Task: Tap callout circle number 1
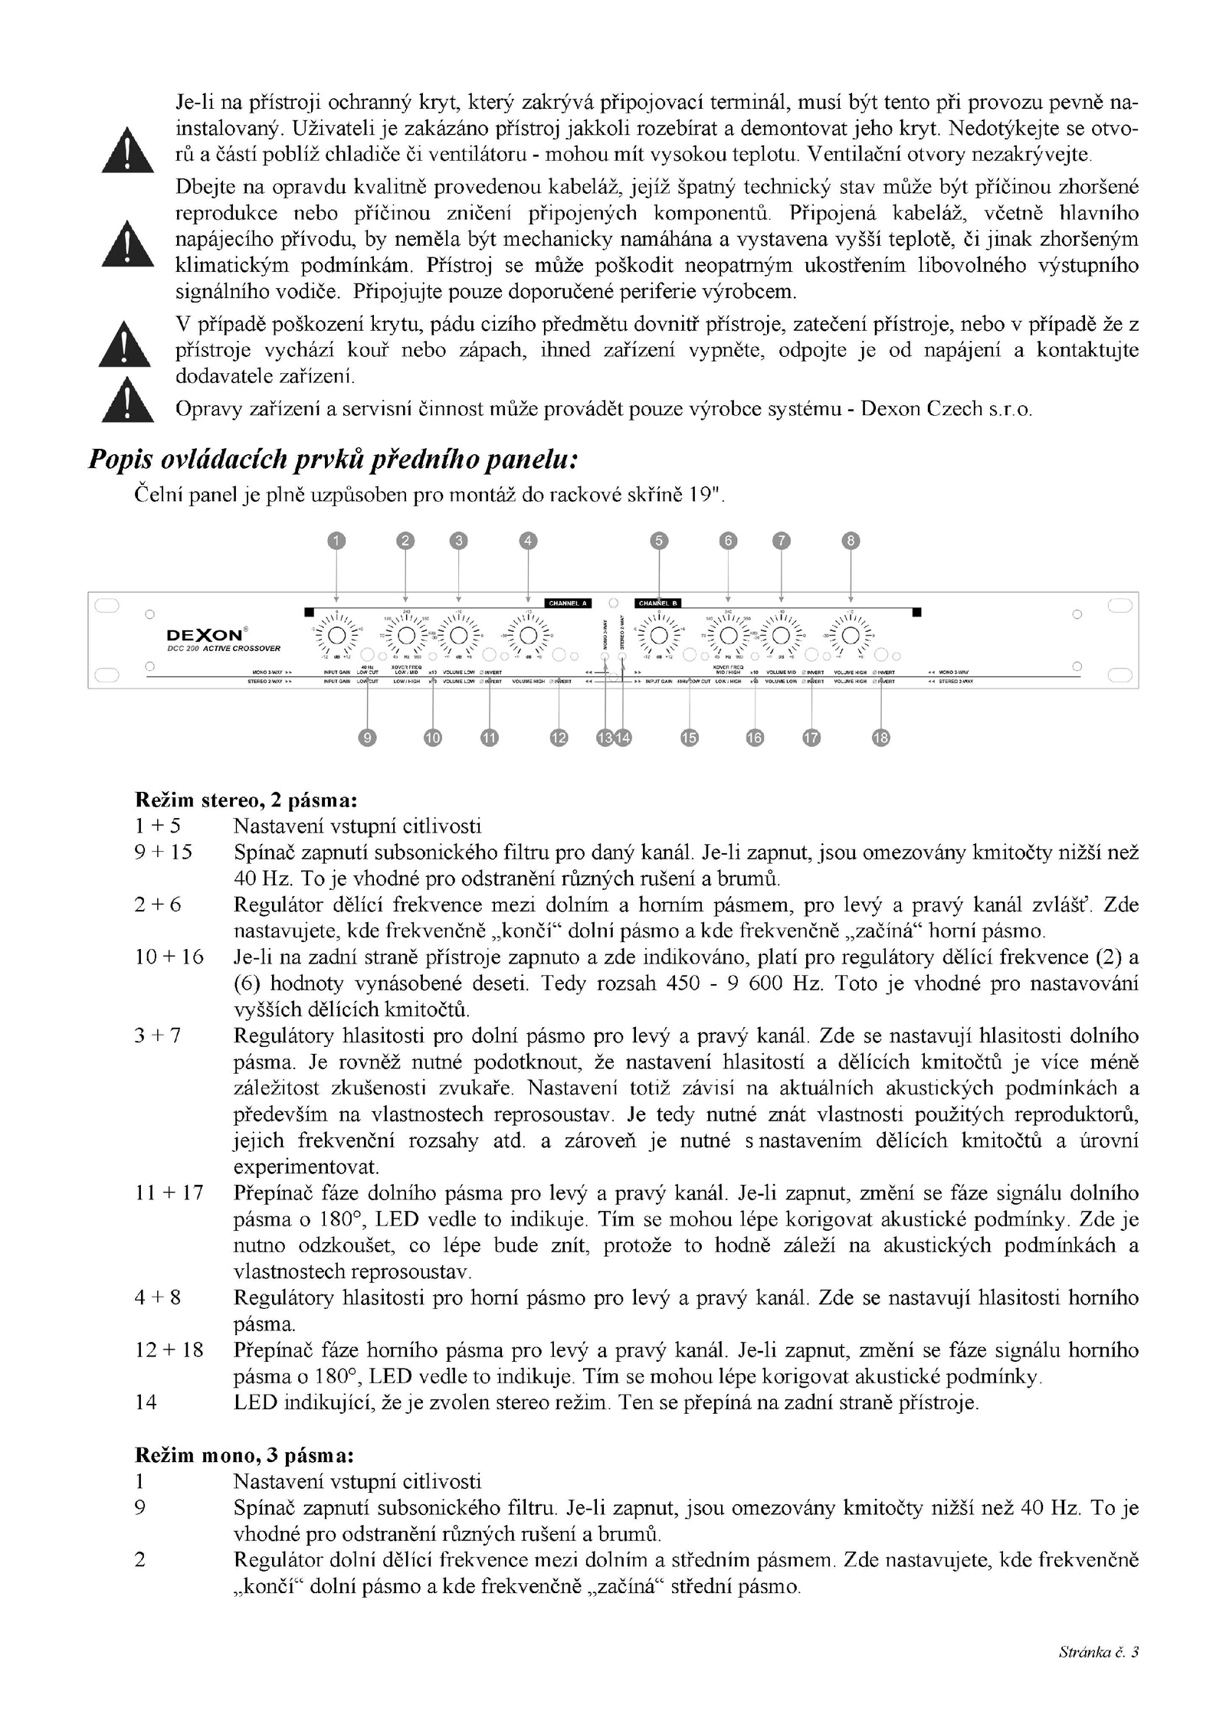click(x=336, y=541)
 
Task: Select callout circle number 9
click(x=368, y=738)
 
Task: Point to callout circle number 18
click(x=881, y=738)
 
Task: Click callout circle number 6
click(x=728, y=541)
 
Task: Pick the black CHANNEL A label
click(x=568, y=603)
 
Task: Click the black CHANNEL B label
click(x=657, y=603)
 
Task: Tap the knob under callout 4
click(x=528, y=636)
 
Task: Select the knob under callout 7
click(x=781, y=636)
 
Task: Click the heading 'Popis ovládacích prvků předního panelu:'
click(x=333, y=459)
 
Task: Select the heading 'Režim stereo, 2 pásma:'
click(x=246, y=800)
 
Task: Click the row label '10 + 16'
click(x=169, y=957)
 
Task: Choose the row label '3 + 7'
click(x=159, y=1035)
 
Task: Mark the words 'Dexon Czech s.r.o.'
click(x=946, y=409)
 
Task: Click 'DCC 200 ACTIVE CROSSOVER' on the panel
click(x=225, y=649)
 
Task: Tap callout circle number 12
click(x=559, y=738)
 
